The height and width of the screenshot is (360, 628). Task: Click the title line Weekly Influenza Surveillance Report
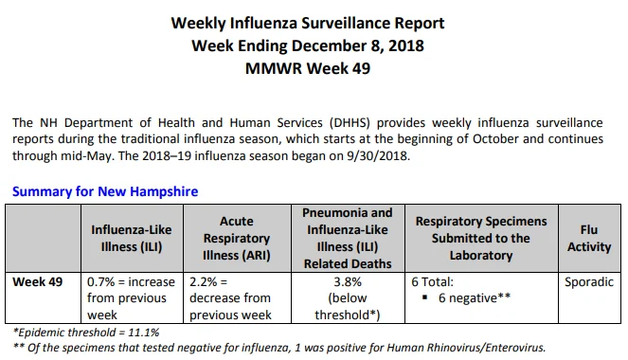(x=308, y=23)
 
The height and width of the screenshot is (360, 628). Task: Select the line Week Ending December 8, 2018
(x=308, y=45)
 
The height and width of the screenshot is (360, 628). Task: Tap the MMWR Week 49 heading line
(x=308, y=68)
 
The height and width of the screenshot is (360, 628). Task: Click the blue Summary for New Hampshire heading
(x=105, y=191)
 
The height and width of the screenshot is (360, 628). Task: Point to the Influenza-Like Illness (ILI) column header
(x=132, y=239)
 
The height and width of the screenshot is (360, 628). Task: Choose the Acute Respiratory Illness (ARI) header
(x=237, y=239)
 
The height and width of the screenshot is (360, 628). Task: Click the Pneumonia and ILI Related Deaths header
(x=348, y=239)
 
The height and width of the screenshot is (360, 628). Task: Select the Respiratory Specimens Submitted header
(x=481, y=239)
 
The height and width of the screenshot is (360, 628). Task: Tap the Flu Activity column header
(x=589, y=239)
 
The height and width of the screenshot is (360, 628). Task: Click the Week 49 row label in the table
(x=38, y=282)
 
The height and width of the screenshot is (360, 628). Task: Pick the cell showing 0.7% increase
(x=131, y=298)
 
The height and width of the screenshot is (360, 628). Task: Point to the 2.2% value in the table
(x=203, y=282)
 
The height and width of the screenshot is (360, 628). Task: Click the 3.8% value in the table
(x=348, y=282)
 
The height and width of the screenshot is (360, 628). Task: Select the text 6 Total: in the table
(x=432, y=282)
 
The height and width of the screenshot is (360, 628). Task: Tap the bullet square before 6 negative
(x=425, y=297)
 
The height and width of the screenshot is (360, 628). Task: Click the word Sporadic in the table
(x=589, y=282)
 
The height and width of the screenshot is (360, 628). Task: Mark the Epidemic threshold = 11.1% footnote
(x=86, y=333)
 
